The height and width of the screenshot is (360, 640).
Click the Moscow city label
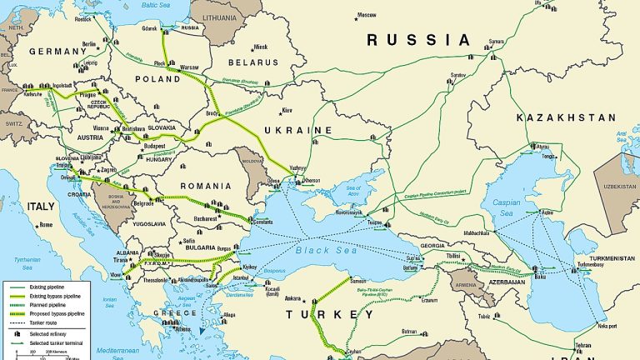pyautogui.click(x=367, y=15)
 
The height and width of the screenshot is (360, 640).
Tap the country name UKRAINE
pyautogui.click(x=299, y=131)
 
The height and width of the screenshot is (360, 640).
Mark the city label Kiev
pyautogui.click(x=287, y=110)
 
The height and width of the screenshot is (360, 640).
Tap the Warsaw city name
pyautogui.click(x=192, y=67)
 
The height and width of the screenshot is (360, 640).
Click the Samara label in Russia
pyautogui.click(x=497, y=41)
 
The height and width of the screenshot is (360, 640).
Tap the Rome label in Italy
pyautogui.click(x=46, y=225)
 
